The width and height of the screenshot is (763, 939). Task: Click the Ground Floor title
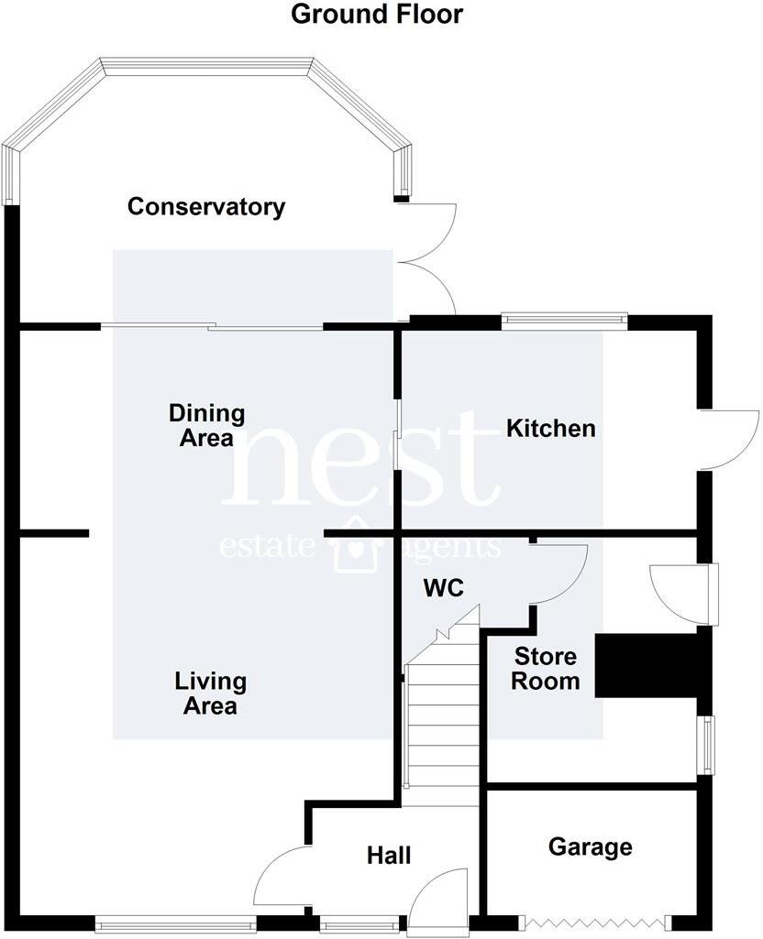377,15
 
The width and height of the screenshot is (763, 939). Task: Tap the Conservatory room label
205,206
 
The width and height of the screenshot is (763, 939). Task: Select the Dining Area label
206,425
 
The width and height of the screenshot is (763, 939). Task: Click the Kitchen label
551,428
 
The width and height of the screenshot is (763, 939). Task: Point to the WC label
444,589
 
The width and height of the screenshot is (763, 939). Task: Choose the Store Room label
545,669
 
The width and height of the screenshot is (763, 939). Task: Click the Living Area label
211,693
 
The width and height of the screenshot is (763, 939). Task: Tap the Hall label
389,857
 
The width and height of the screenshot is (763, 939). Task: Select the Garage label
590,846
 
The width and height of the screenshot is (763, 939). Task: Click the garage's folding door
597,922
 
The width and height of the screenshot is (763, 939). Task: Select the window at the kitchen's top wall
564,321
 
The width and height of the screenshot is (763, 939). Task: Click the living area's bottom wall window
175,926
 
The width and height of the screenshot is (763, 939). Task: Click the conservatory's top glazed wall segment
207,66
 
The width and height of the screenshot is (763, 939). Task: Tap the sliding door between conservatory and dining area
212,326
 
